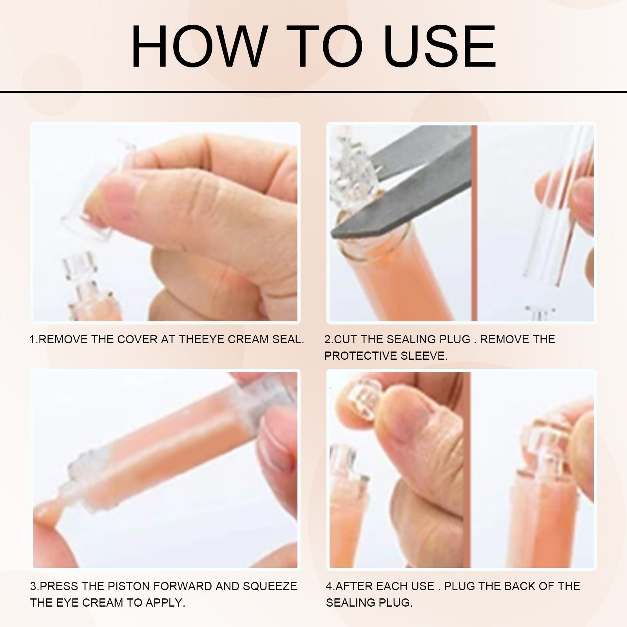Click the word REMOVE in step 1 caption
[63, 339]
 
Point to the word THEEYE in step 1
[201, 339]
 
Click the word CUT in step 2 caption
[345, 339]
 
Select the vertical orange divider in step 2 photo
[474, 223]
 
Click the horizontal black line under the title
[313, 92]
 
